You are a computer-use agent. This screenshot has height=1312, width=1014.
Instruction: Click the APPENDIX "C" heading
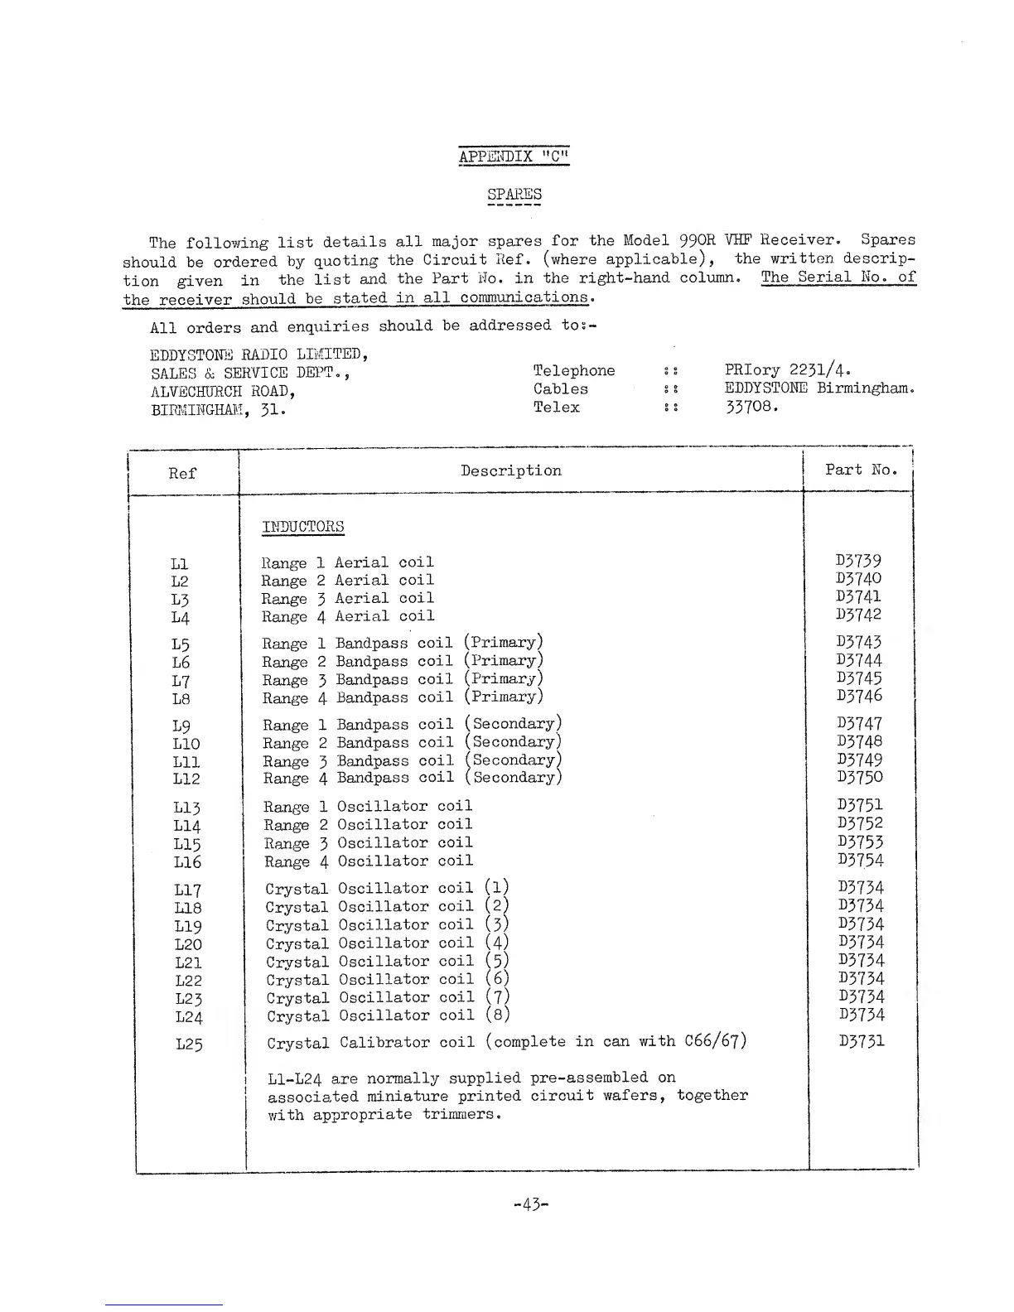pyautogui.click(x=514, y=157)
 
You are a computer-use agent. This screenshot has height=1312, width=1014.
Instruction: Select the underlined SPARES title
pyautogui.click(x=514, y=195)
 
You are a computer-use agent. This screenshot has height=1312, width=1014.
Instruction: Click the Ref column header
pyautogui.click(x=182, y=473)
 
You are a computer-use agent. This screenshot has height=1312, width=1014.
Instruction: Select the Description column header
pyautogui.click(x=511, y=470)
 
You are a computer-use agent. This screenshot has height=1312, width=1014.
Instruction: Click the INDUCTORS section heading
pyautogui.click(x=302, y=527)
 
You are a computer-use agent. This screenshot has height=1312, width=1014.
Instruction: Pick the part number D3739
pyautogui.click(x=859, y=561)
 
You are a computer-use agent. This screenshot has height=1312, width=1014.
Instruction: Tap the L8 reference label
pyautogui.click(x=181, y=698)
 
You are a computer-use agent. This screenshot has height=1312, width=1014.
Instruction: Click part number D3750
pyautogui.click(x=860, y=777)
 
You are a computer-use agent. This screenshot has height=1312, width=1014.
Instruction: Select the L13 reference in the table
pyautogui.click(x=187, y=808)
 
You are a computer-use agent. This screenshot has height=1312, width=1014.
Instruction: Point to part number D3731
pyautogui.click(x=862, y=1041)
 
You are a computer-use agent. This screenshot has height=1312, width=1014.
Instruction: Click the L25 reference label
pyautogui.click(x=189, y=1044)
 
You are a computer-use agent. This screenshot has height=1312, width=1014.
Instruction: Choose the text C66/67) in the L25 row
pyautogui.click(x=716, y=1040)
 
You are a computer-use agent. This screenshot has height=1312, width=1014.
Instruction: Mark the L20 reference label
pyautogui.click(x=188, y=944)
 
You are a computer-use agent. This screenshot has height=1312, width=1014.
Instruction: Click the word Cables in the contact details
pyautogui.click(x=561, y=388)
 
